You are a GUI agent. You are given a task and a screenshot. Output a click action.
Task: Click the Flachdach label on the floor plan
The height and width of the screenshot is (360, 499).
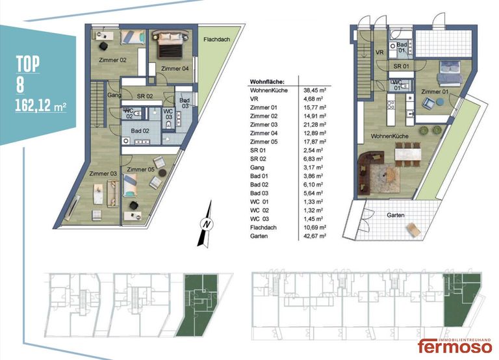[217, 40]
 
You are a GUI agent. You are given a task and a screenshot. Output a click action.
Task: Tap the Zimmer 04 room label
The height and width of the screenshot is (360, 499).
[175, 68]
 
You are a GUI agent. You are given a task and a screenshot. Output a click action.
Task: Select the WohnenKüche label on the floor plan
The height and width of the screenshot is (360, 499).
[390, 136]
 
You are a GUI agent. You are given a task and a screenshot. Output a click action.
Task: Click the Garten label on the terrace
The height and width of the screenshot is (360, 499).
[396, 215]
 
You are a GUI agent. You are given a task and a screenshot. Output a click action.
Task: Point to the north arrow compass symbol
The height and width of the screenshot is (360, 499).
[205, 224]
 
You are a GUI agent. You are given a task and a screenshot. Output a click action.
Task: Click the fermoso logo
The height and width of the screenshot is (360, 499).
[455, 345]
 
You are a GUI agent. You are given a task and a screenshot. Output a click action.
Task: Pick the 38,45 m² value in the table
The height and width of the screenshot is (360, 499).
[314, 90]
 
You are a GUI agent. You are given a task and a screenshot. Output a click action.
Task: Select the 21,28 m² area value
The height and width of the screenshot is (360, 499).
[314, 125]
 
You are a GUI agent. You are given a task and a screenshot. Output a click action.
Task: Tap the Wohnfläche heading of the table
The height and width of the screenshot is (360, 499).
[267, 82]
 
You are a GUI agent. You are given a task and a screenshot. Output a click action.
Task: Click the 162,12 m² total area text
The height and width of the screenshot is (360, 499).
[41, 105]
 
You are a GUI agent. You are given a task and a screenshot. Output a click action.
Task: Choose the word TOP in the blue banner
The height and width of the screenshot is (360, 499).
[28, 64]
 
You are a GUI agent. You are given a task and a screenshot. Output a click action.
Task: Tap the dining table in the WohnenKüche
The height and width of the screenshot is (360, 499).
[407, 155]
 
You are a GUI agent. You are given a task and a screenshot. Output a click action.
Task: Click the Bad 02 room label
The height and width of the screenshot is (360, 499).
[140, 131]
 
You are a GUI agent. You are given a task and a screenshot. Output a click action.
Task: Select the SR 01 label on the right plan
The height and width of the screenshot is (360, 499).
[401, 66]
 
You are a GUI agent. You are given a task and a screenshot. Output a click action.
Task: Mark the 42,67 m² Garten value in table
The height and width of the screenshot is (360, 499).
[314, 236]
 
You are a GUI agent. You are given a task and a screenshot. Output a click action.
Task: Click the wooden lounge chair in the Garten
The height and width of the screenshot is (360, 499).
[414, 229]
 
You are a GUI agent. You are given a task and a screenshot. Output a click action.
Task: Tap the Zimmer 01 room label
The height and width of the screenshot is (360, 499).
[435, 92]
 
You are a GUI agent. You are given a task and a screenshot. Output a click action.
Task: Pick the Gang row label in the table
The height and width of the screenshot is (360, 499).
[257, 168]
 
